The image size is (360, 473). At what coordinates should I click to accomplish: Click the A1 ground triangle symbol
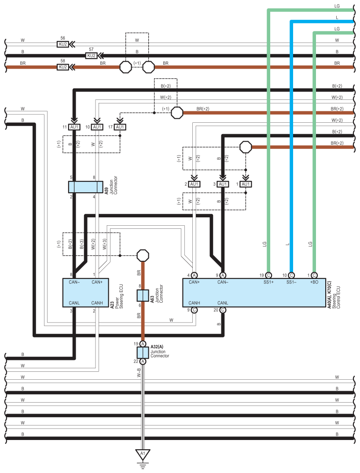point(143,454)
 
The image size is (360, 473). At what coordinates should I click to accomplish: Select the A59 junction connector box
point(86,187)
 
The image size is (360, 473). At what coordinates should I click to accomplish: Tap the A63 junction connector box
point(143,296)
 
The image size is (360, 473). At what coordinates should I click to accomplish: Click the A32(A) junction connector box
point(143,352)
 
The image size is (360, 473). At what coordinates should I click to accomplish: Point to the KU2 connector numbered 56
point(63,44)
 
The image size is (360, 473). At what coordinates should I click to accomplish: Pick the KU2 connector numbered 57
point(92,56)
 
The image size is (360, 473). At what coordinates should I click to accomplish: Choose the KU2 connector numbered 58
point(63,67)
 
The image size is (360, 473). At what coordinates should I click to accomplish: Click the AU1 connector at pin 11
point(74,127)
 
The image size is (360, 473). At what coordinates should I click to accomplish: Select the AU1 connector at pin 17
point(120,127)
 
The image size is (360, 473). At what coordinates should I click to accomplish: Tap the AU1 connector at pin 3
point(223,184)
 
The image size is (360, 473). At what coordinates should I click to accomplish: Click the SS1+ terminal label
point(268,282)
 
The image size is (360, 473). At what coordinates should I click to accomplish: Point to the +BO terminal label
point(314,282)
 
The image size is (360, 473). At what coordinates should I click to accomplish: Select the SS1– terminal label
point(291,282)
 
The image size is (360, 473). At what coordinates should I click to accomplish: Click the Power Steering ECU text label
point(119,296)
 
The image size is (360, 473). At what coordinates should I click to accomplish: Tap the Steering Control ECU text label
point(336,297)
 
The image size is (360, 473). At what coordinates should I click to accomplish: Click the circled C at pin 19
point(268,275)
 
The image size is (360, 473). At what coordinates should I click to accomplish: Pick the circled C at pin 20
point(223,310)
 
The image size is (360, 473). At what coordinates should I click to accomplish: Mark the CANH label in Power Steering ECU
point(97,303)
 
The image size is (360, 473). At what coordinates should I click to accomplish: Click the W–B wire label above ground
point(139,373)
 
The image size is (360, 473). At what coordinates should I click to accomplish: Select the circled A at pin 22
point(143,361)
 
